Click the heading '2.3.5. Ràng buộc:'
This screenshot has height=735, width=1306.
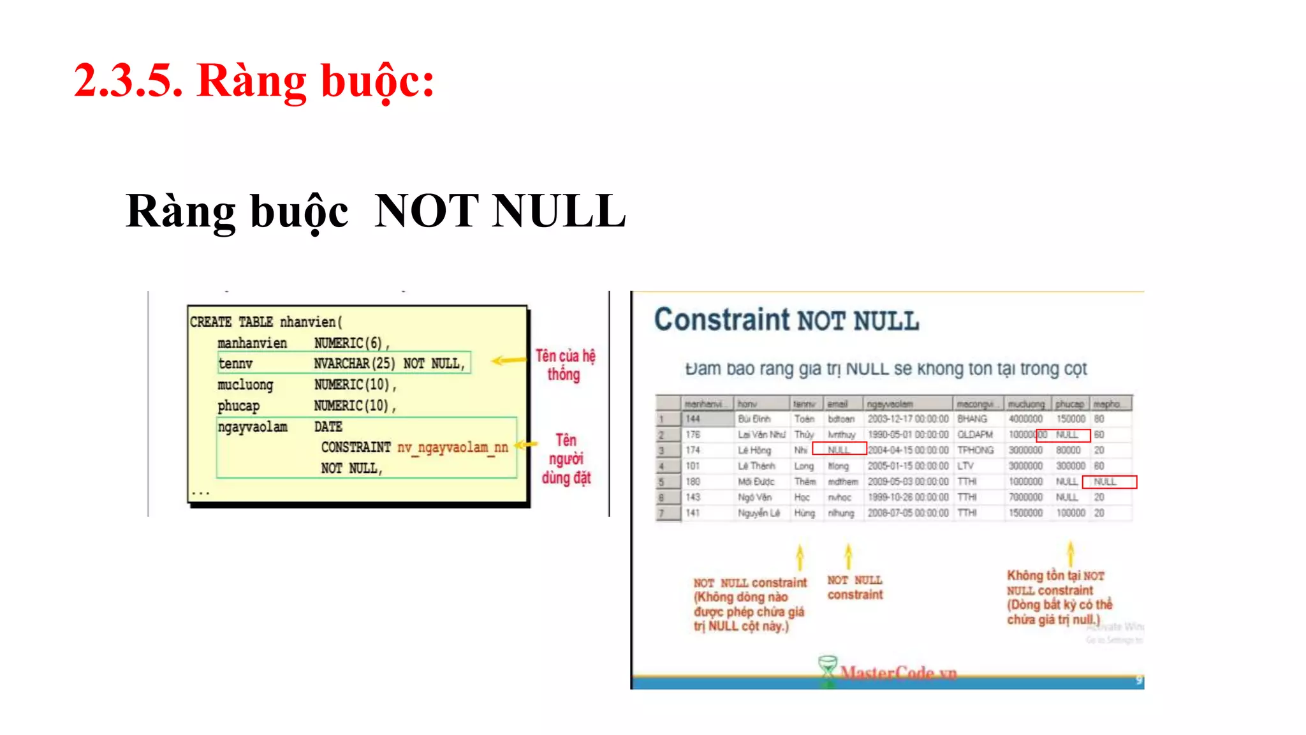[254, 81]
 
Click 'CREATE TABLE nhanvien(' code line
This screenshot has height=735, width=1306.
[266, 322]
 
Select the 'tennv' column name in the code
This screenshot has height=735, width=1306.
[235, 364]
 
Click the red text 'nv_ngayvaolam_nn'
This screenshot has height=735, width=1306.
[452, 447]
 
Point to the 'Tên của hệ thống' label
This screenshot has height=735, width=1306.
[565, 365]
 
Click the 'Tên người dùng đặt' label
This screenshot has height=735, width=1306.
[566, 459]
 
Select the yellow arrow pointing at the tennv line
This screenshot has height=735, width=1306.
[508, 360]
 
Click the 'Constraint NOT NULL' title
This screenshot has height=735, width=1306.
[786, 320]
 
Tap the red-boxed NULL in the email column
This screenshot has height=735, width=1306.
[839, 450]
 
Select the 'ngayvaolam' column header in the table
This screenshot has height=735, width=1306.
[890, 404]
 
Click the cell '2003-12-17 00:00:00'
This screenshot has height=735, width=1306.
[907, 419]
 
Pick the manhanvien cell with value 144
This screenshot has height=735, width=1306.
[693, 419]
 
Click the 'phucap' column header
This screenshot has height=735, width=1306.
[1069, 404]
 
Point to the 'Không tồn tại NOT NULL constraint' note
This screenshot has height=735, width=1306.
[1059, 597]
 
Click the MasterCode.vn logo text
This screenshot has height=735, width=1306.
[898, 672]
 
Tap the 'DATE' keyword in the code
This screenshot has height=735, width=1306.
[328, 426]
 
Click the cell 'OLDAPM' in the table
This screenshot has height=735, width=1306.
[974, 434]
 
